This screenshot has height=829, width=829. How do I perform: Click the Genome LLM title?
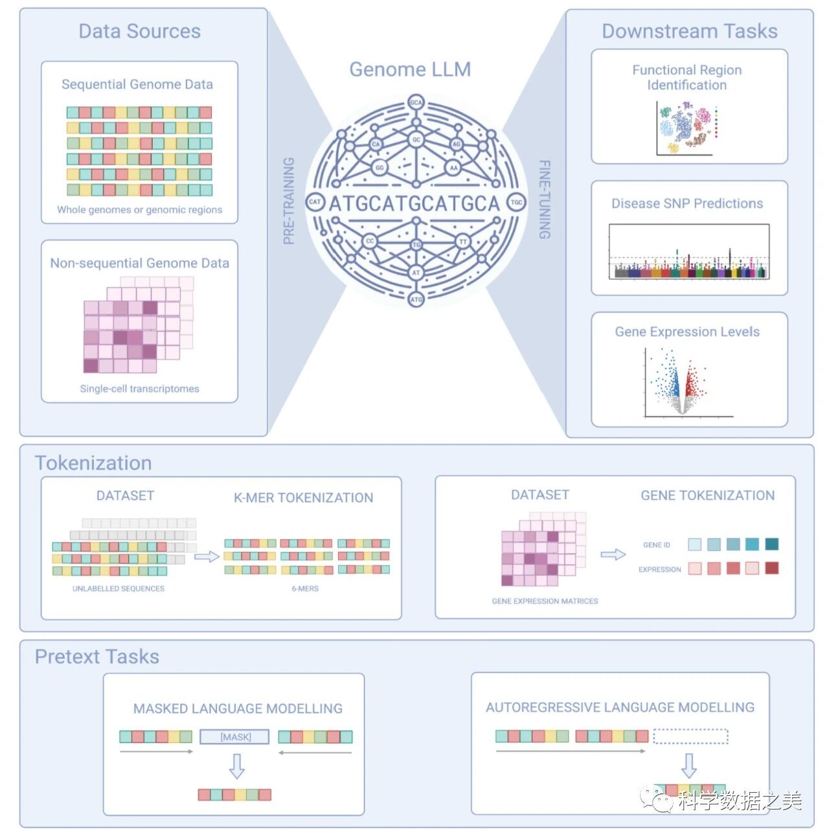point(410,69)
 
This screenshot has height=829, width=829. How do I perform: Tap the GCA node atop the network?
point(416,102)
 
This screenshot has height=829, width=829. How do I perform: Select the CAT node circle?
point(315,202)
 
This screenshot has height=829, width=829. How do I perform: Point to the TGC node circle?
point(516,202)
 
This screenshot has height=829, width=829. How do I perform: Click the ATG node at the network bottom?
point(416,299)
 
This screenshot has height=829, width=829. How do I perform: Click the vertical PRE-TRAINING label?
point(289,201)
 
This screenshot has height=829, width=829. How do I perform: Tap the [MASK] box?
point(235,737)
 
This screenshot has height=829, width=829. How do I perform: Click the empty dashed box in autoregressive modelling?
point(690,736)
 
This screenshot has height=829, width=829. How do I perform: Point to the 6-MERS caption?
point(305,589)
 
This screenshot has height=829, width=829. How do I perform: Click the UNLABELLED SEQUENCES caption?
point(119,589)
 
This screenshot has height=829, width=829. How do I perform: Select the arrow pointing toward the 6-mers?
point(207,556)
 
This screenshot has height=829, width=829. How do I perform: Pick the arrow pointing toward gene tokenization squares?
point(613,554)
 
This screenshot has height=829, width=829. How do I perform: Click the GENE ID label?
point(657,545)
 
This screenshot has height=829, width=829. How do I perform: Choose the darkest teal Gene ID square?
point(772,544)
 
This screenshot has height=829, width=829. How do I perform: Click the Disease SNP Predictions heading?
point(687,203)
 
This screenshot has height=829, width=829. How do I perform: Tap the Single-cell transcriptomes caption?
point(139,389)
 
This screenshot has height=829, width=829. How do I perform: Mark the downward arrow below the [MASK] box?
point(237,766)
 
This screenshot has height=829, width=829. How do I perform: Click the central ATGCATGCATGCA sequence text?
point(414,203)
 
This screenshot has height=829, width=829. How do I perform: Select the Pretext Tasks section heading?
point(97,657)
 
